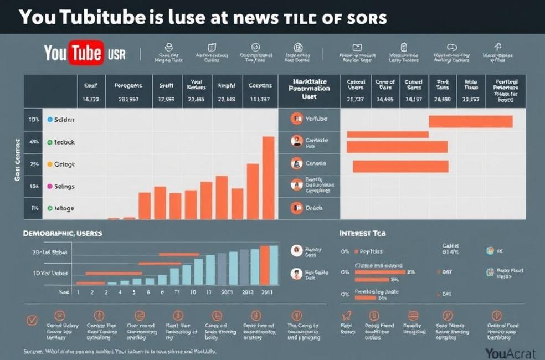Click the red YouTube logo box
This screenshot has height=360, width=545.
tap(86, 53)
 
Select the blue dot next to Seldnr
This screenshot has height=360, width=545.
tap(49, 119)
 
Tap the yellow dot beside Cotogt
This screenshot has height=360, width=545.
tap(49, 164)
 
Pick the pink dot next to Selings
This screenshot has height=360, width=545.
tap(49, 187)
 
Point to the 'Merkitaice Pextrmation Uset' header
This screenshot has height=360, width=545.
tap(309, 89)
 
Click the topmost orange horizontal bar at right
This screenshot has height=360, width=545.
tap(470, 121)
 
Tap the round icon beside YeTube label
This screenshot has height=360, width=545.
tap(297, 119)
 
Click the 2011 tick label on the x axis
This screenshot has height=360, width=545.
tap(266, 291)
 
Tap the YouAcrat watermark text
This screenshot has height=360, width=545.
tap(510, 353)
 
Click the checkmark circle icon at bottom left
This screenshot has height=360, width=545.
tap(32, 320)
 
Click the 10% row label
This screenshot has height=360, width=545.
tap(34, 119)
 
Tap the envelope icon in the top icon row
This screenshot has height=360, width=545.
tap(357, 47)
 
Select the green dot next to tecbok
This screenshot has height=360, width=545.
tap(49, 142)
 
